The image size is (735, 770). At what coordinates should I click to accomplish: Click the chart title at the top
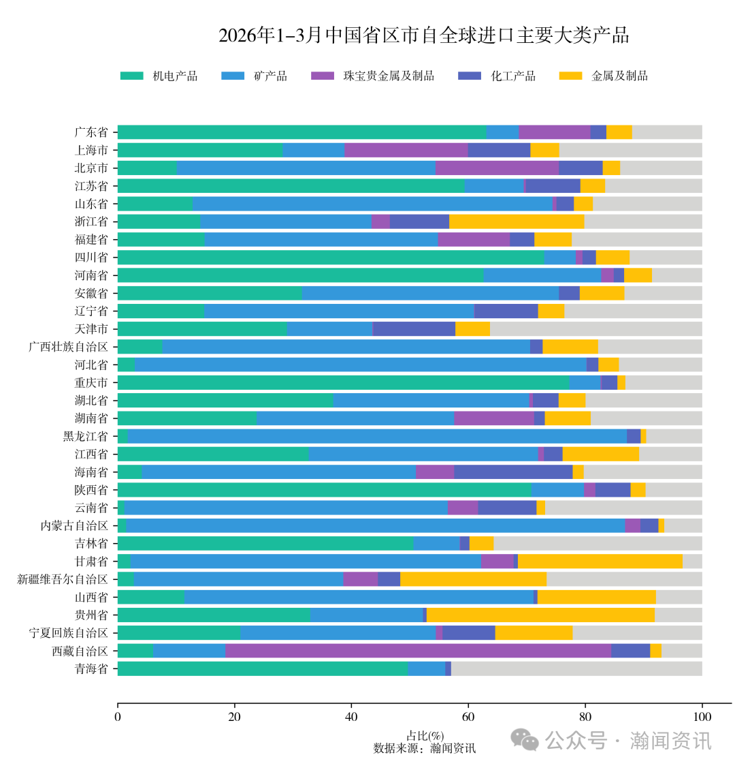point(423,35)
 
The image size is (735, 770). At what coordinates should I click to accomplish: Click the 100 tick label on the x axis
point(702,717)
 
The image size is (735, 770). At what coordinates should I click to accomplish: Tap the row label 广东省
point(91,132)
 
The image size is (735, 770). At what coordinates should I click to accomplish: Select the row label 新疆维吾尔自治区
point(63,579)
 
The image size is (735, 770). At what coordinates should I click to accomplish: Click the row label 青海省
point(91,668)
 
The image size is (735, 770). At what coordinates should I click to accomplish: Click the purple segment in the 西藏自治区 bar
point(418,651)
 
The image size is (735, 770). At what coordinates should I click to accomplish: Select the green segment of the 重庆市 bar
point(343,382)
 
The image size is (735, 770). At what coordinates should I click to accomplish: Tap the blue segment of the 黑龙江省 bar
point(377,436)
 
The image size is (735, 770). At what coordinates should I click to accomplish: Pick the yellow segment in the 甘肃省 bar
point(600,561)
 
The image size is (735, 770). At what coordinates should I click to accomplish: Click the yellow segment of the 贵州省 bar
point(540,615)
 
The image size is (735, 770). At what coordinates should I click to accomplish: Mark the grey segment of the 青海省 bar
point(576,668)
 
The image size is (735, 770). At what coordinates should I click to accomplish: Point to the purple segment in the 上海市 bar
point(406,150)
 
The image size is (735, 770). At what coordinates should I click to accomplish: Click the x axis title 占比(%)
point(425,736)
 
